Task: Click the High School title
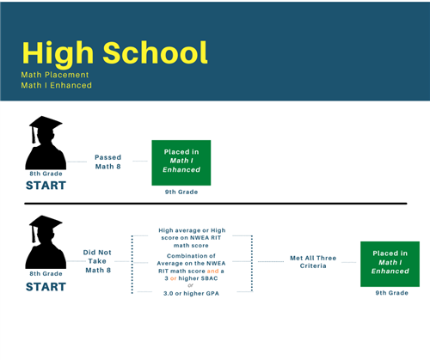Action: (114, 52)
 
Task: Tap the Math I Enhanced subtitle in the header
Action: (57, 85)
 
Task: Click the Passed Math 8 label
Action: (109, 161)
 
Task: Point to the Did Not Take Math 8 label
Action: (97, 261)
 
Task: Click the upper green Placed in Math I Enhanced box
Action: (181, 162)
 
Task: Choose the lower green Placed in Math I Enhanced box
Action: (390, 261)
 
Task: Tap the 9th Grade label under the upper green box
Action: (181, 192)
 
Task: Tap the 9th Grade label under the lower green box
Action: (391, 292)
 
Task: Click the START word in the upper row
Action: (45, 185)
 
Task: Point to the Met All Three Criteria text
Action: (308, 261)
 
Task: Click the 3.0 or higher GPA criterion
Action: (193, 294)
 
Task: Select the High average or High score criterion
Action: (193, 235)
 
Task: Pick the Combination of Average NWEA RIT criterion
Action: (193, 265)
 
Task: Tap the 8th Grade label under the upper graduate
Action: (45, 174)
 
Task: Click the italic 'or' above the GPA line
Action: (193, 285)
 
